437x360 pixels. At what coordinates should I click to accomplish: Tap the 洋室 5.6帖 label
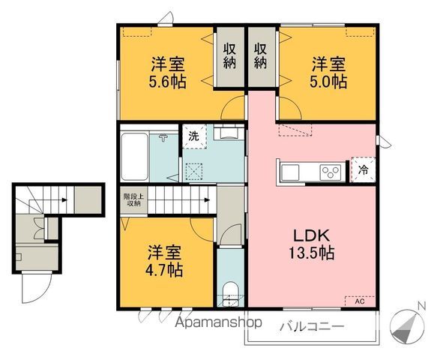167,72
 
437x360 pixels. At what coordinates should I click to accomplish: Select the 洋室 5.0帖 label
329,72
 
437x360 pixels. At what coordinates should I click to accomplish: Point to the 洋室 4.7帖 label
165,259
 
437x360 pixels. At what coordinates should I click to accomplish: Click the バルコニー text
312,327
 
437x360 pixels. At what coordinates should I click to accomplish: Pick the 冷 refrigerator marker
364,169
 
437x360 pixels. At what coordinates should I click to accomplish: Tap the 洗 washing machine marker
193,136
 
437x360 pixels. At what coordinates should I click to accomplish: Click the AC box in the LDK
358,301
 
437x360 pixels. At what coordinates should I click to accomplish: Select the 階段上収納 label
133,199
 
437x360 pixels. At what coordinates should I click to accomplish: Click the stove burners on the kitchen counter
331,171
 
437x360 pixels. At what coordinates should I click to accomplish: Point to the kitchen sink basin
292,172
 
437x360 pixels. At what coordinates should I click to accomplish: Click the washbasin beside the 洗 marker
228,133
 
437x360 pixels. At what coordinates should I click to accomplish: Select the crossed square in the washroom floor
193,171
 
